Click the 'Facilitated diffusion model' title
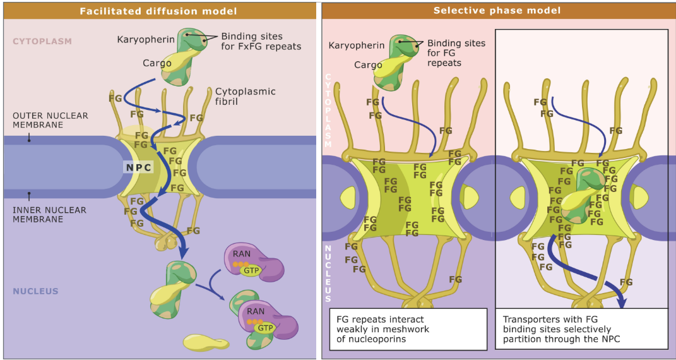point(158,11)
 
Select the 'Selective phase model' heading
point(497,11)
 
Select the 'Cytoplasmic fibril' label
point(245,96)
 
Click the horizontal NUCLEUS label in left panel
point(35,291)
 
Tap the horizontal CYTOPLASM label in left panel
point(42,42)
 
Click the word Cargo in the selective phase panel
point(368,65)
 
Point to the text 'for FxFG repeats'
point(261,47)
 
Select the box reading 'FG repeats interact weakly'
point(408,328)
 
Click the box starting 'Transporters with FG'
point(581,328)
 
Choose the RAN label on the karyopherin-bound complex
point(256,311)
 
